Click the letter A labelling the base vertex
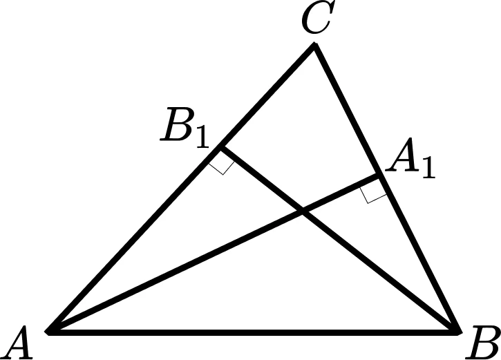click(x=17, y=343)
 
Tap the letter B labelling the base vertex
click(x=483, y=343)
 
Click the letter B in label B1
click(x=178, y=124)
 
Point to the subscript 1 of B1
click(x=202, y=136)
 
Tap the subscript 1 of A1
click(x=428, y=167)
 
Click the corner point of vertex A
click(x=48, y=332)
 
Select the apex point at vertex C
click(x=314, y=44)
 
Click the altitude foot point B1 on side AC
click(x=220, y=147)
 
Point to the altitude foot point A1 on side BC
click(x=378, y=175)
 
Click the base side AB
click(x=254, y=332)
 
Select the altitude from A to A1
click(x=213, y=254)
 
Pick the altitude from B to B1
click(x=340, y=240)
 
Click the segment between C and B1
click(x=267, y=96)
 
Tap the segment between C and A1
click(x=346, y=110)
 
